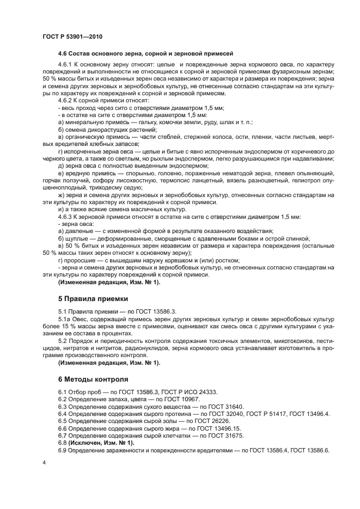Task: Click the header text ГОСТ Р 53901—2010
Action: [72, 36]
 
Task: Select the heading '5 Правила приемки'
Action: [93, 298]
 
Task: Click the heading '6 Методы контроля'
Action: [93, 379]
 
